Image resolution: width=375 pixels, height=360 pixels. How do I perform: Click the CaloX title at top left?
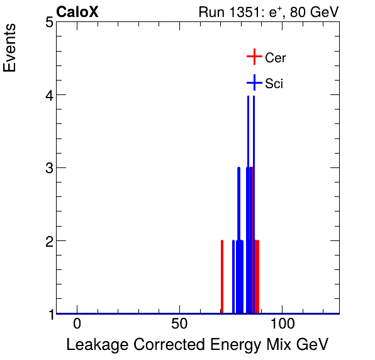click(77, 12)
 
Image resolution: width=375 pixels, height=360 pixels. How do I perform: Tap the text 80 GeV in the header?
click(314, 12)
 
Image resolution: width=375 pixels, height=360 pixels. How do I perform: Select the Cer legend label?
click(276, 58)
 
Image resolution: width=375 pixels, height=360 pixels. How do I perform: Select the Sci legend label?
click(274, 84)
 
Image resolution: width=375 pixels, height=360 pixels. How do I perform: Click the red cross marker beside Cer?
click(254, 57)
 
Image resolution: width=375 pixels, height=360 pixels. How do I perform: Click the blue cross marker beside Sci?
click(254, 83)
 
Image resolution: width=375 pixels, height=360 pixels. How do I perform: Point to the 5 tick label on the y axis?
click(48, 23)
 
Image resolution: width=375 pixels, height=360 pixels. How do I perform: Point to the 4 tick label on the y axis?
click(48, 95)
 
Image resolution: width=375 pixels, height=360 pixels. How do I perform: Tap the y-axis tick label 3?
click(48, 168)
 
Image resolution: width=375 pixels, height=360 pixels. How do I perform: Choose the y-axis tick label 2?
click(48, 241)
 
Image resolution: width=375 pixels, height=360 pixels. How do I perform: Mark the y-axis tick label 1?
click(48, 313)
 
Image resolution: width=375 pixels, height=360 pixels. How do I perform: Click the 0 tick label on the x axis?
click(77, 325)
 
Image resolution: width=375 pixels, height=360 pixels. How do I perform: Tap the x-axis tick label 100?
click(283, 325)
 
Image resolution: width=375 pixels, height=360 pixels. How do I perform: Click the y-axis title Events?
click(11, 49)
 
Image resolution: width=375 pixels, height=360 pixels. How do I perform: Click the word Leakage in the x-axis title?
click(94, 345)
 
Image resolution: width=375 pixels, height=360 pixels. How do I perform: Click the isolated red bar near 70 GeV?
click(222, 277)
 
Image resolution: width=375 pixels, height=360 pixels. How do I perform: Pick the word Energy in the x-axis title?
click(228, 346)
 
